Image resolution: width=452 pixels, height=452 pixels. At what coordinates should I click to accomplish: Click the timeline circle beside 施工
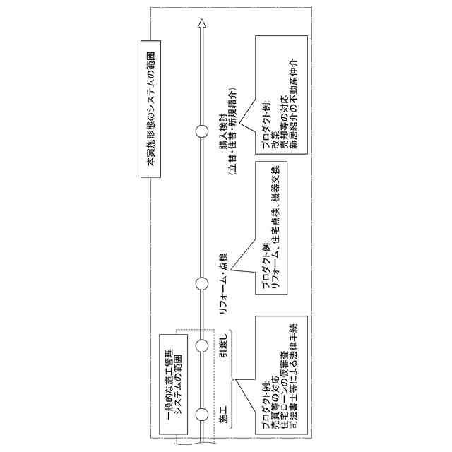point(203,414)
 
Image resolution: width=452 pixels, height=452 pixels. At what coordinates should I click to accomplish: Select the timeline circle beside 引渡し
point(203,345)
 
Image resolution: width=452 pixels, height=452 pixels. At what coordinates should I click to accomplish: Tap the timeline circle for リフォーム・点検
point(203,283)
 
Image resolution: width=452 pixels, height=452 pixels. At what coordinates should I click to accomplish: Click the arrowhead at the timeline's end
point(203,25)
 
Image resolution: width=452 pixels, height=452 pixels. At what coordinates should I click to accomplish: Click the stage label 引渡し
point(225,345)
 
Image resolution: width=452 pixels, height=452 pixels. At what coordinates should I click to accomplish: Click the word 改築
point(275,141)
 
